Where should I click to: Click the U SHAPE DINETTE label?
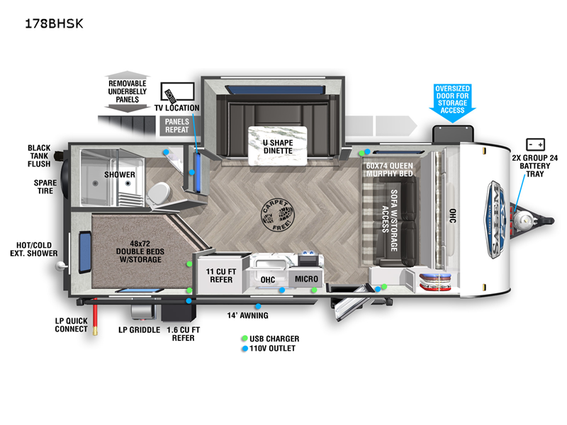click(279, 147)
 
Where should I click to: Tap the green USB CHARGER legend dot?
click(245, 339)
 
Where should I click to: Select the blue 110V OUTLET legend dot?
click(245, 348)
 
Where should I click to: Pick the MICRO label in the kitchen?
click(306, 279)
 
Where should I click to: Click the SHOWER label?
click(119, 174)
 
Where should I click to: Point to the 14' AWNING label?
click(247, 315)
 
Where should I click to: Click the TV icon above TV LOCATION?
click(178, 93)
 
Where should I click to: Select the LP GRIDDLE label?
click(138, 329)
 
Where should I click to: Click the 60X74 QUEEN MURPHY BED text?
click(389, 170)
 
